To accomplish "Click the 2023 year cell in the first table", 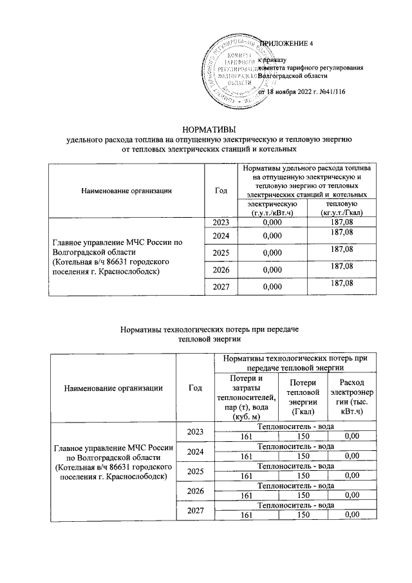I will pyautogui.click(x=221, y=222).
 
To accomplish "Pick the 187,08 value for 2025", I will pyautogui.click(x=340, y=249).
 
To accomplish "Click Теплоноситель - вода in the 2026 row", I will pyautogui.click(x=295, y=486).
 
